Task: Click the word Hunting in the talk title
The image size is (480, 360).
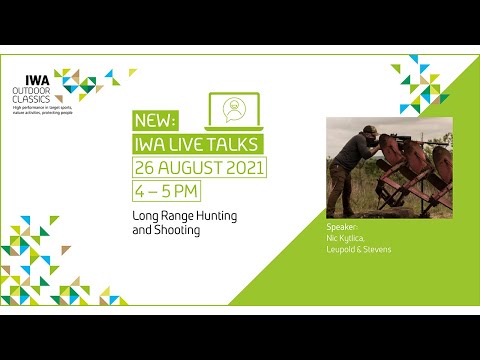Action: (x=212, y=215)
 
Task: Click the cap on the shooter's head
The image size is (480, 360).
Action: (x=343, y=131)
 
